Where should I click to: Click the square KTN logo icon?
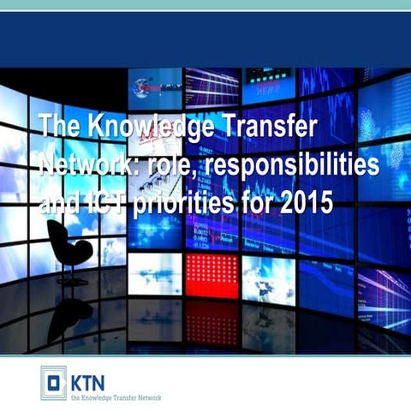point(53,382)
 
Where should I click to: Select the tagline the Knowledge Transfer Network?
point(116,396)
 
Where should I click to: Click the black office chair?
point(68,248)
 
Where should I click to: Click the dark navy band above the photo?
point(205,39)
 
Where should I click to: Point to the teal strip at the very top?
point(205,5)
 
